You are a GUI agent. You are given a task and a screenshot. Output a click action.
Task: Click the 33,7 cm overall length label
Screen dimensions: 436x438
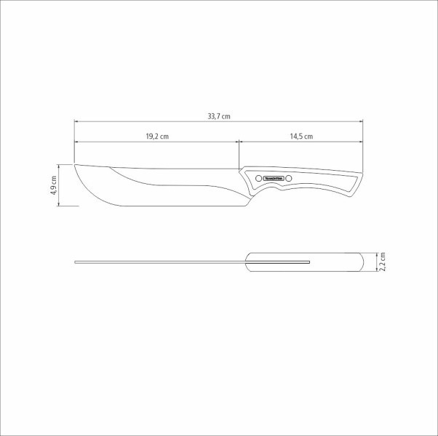(x=218, y=116)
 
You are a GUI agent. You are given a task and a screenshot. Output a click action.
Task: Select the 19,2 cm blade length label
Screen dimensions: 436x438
(x=156, y=137)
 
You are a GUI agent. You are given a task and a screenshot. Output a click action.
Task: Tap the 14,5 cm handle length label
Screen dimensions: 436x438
(x=300, y=137)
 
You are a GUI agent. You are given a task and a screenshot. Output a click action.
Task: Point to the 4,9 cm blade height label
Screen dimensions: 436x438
(x=54, y=185)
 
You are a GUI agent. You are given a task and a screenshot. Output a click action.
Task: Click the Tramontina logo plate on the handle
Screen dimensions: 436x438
(x=274, y=178)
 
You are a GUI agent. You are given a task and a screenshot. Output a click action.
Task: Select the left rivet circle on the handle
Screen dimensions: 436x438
(x=258, y=178)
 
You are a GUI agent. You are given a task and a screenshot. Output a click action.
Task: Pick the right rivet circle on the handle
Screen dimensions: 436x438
(x=289, y=178)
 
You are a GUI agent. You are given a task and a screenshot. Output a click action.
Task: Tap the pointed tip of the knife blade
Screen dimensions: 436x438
(x=75, y=164)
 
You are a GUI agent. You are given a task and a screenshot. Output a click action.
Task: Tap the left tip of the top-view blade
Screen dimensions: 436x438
(x=76, y=261)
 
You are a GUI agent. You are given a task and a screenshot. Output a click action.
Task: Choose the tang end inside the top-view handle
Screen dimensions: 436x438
(x=309, y=261)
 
